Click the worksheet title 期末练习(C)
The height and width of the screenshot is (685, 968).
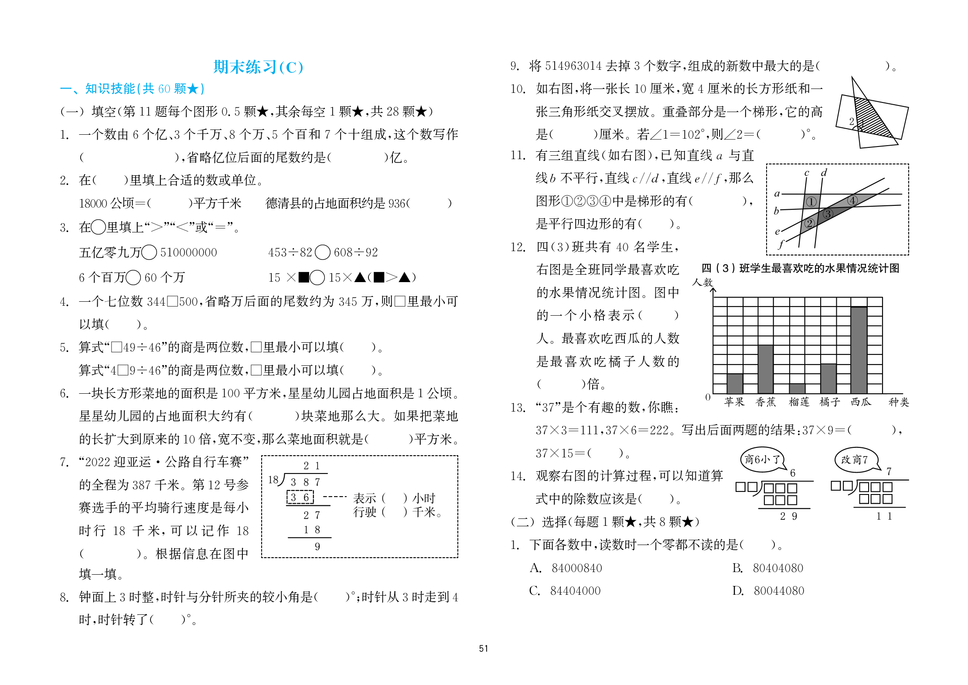(x=258, y=67)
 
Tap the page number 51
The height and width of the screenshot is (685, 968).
(x=483, y=648)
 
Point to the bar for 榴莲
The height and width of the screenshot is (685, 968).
(x=797, y=389)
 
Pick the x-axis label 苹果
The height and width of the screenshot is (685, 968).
(x=734, y=402)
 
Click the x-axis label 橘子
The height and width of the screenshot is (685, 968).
(x=829, y=402)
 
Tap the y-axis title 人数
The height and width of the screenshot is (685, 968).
(x=702, y=282)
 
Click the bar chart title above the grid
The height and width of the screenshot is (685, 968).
(x=800, y=268)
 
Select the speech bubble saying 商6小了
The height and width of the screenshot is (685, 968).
(x=761, y=459)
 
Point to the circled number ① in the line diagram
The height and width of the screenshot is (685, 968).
(x=811, y=202)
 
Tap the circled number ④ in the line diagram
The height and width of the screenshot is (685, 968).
(x=852, y=200)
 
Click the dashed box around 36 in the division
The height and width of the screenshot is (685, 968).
(x=300, y=497)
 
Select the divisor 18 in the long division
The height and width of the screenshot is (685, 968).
(x=273, y=480)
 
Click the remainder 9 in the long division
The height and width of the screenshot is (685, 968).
(x=317, y=546)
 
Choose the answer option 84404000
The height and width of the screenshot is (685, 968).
(x=575, y=591)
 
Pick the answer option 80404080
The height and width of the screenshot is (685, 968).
(x=777, y=568)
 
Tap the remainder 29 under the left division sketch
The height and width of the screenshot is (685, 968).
(x=788, y=516)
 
